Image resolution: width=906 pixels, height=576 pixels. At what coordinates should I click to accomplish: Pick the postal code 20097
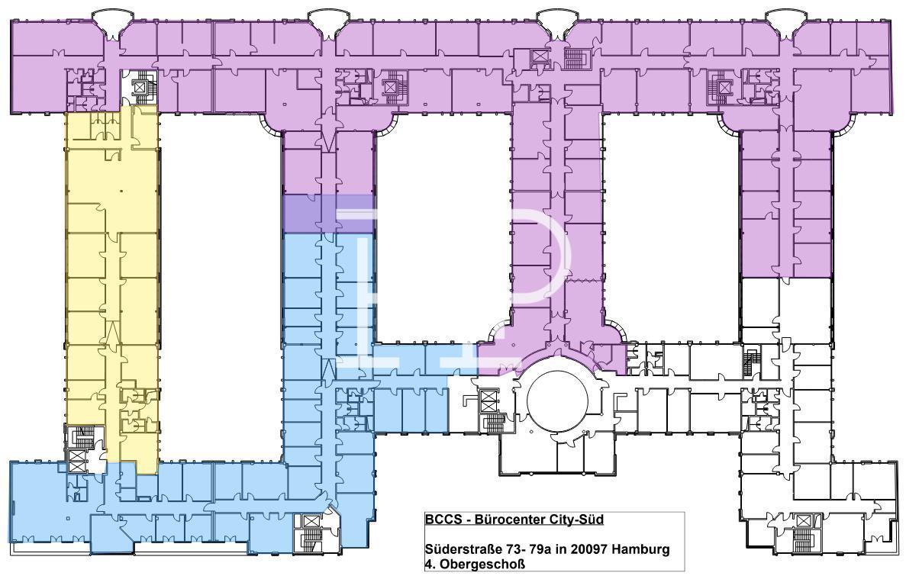588,549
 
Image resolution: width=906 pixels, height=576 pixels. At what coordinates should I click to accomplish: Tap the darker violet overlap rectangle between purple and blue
329,214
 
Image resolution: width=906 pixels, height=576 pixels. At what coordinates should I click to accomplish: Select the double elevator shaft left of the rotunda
488,400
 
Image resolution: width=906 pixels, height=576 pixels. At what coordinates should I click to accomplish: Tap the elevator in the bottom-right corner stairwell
803,521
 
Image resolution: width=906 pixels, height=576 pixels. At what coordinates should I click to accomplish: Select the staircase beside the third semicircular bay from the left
574,58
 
